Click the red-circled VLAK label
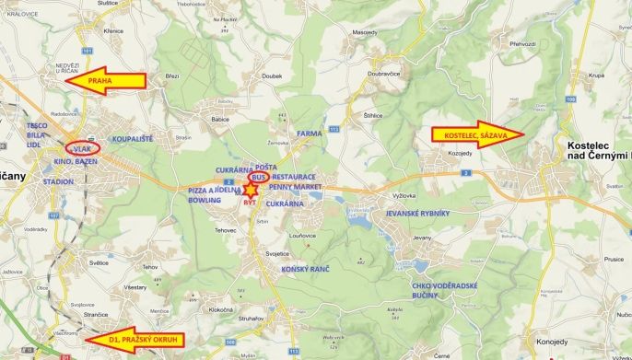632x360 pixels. (83, 148)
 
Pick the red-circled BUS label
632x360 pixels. (259, 175)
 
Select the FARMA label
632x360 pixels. (310, 134)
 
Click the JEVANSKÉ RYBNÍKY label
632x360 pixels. (416, 213)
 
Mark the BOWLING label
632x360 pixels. (205, 199)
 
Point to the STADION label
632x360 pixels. (58, 182)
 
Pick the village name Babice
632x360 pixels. (220, 119)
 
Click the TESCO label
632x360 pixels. (37, 124)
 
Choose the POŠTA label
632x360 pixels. (266, 167)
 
